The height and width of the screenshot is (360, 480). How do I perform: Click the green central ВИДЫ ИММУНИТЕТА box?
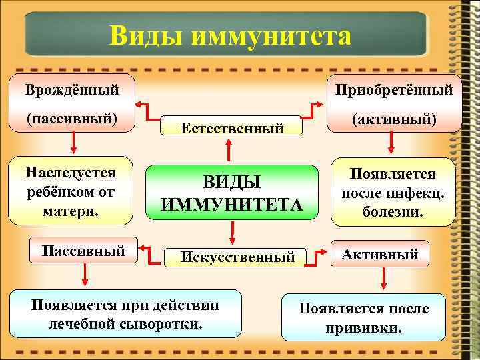tap(231, 193)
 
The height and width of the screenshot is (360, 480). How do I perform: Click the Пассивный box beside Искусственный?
tap(83, 251)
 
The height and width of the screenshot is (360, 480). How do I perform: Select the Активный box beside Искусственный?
tap(380, 254)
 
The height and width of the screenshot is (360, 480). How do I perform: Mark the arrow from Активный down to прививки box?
tap(381, 279)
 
